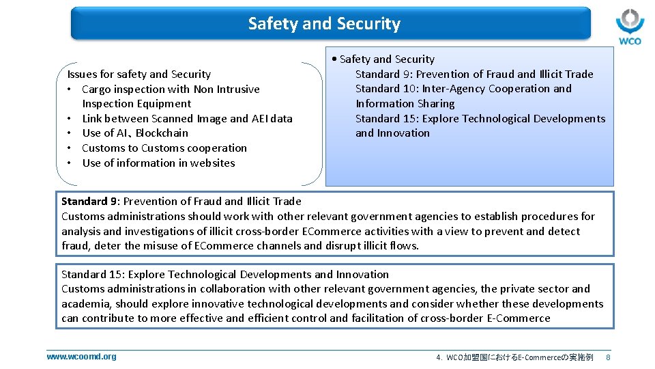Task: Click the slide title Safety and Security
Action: (x=324, y=24)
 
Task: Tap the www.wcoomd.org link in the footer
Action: (x=81, y=357)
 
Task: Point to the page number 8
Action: (x=608, y=357)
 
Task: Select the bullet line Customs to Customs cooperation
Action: (x=164, y=148)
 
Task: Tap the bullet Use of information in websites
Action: (x=158, y=163)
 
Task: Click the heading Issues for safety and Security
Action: (x=139, y=74)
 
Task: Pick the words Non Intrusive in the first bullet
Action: (x=227, y=90)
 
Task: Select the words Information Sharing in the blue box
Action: (x=405, y=104)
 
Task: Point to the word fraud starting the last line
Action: (x=75, y=246)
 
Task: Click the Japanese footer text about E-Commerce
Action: (x=514, y=357)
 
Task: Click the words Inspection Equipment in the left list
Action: (x=136, y=104)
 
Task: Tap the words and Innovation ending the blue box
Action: (x=392, y=133)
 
